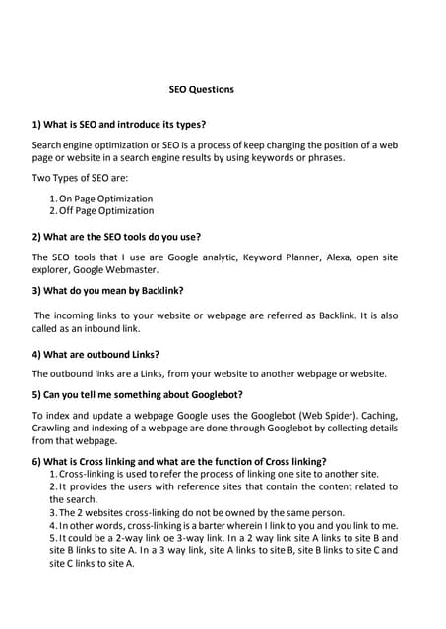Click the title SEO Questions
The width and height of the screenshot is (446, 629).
(202, 90)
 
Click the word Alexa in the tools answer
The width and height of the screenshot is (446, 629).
(326, 257)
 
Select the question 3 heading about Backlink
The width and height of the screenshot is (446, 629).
(107, 290)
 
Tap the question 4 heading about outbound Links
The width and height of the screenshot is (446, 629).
(96, 354)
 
